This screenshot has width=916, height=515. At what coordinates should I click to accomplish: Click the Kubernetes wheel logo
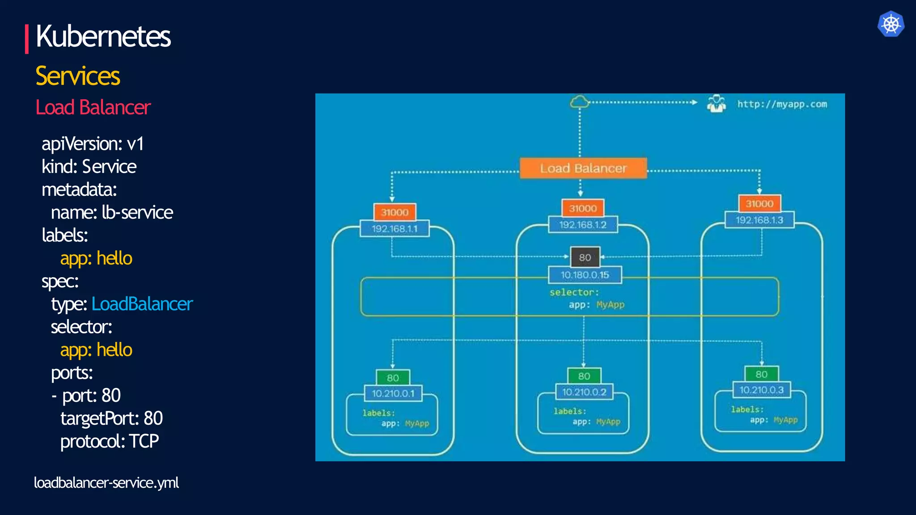click(x=891, y=24)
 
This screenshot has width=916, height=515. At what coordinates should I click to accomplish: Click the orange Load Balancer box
click(x=583, y=168)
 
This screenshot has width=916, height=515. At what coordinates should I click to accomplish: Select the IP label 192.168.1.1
click(x=394, y=229)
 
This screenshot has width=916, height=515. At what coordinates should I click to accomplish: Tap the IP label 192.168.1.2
click(x=583, y=224)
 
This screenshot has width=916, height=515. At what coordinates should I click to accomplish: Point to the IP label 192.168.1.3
click(x=759, y=220)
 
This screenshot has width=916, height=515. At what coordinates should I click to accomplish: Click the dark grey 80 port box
click(x=585, y=257)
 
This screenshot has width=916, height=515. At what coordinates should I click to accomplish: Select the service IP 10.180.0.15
click(x=585, y=275)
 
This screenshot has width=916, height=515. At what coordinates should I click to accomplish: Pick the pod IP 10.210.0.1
click(x=393, y=393)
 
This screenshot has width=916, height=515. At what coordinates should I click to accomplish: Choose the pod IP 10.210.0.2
click(x=584, y=392)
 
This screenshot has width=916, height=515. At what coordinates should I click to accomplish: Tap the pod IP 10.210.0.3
click(x=761, y=390)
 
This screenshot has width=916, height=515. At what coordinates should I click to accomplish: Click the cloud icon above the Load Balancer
click(x=580, y=102)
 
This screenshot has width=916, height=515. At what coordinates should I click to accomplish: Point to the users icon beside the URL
click(x=716, y=104)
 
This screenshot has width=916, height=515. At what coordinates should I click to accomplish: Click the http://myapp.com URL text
click(x=782, y=104)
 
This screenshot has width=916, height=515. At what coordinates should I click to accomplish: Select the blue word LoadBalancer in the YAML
click(x=142, y=304)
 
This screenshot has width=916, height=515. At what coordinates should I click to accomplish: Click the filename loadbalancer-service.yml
click(x=106, y=483)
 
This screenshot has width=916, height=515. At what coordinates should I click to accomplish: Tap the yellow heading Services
click(x=78, y=76)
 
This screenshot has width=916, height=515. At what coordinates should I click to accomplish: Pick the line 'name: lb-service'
click(x=112, y=213)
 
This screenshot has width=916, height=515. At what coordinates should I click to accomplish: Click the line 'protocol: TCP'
click(x=110, y=441)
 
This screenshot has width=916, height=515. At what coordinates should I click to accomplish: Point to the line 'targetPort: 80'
click(x=111, y=418)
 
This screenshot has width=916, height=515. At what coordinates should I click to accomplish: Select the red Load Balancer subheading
click(x=93, y=108)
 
